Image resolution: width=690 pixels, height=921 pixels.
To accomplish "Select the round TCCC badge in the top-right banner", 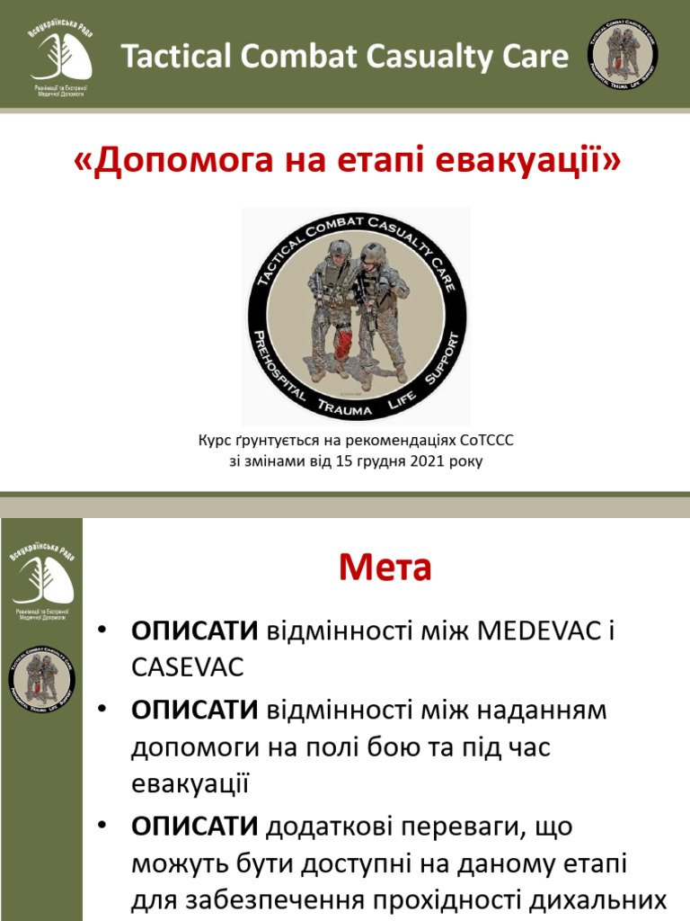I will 622,57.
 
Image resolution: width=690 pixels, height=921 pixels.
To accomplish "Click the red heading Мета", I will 385,568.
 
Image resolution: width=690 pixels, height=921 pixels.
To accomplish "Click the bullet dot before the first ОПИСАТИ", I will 104,630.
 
